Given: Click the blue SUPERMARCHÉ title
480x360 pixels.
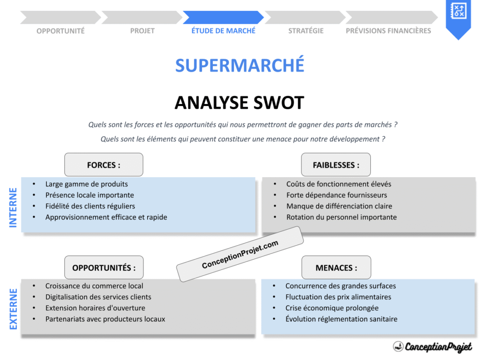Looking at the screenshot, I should (x=240, y=65).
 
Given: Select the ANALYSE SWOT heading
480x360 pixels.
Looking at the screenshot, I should (x=240, y=103).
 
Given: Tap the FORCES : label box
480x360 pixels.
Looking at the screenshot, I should (x=104, y=165).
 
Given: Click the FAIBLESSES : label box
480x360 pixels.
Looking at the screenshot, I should (x=336, y=165).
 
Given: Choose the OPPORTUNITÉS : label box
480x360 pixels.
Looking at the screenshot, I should (x=104, y=268).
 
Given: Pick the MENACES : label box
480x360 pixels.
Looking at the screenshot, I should (x=336, y=268).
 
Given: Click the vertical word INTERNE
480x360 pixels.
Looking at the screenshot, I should (x=13, y=208).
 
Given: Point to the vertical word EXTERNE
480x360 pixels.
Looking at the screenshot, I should (x=13, y=308).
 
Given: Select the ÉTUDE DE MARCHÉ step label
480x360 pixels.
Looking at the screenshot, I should (x=224, y=30).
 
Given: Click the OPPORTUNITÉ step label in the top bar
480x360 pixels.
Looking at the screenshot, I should (x=60, y=31).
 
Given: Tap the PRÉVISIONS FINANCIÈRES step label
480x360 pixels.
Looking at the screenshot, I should (x=388, y=31).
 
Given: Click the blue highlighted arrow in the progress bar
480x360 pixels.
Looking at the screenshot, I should (x=223, y=17).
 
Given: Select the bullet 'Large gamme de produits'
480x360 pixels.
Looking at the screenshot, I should (x=86, y=184).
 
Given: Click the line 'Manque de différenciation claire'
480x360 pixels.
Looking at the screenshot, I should (x=339, y=206).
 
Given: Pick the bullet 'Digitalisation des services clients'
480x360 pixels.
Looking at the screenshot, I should (x=98, y=297).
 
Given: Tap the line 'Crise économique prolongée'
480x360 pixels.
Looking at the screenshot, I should (x=332, y=308).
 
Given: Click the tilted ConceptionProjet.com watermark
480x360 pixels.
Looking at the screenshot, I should (x=240, y=255).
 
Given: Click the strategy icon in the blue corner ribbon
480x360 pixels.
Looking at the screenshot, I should (x=457, y=11).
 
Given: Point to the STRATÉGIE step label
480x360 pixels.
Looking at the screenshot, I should (x=306, y=31).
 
